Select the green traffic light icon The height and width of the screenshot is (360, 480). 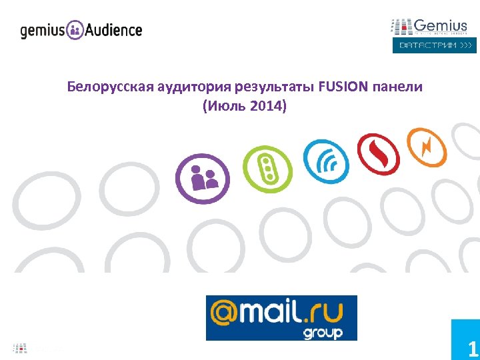267,169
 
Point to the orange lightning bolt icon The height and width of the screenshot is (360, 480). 427,147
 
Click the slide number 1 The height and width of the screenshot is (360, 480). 472,349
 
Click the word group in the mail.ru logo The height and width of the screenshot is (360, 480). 323,331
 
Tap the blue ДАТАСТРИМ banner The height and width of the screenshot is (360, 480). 434,45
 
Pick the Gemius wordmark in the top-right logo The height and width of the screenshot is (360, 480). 441,26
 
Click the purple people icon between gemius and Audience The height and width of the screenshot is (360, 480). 76,30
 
